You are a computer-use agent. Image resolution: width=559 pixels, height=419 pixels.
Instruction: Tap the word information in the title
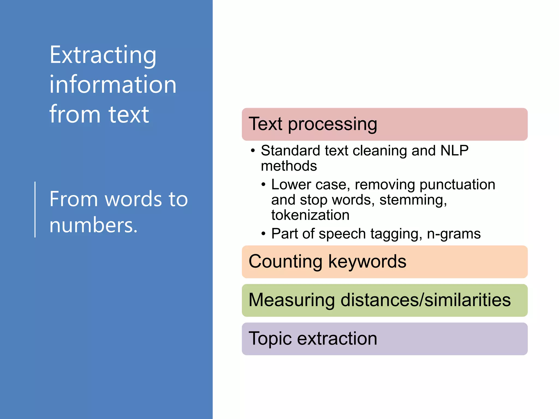click(x=113, y=85)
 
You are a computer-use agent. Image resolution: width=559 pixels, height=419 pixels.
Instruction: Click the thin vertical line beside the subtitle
click(x=35, y=209)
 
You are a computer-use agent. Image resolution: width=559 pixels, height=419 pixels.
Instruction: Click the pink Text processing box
click(x=384, y=124)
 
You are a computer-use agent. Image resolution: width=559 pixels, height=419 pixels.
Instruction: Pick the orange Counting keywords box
click(x=384, y=262)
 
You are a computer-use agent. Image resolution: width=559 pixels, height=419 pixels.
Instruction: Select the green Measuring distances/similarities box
click(x=384, y=300)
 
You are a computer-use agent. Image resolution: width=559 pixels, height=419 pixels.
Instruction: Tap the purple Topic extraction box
click(x=384, y=339)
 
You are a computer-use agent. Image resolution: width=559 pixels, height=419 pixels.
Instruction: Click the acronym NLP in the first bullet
click(x=454, y=151)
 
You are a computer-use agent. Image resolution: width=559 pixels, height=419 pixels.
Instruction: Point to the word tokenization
click(x=310, y=215)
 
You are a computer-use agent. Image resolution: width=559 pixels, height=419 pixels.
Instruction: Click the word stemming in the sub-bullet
click(x=413, y=200)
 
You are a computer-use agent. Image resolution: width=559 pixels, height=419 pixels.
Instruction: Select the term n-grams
click(x=454, y=234)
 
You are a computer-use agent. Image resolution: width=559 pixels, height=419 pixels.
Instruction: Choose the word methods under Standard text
click(x=289, y=166)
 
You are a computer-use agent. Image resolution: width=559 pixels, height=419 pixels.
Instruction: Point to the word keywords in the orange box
click(x=367, y=262)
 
